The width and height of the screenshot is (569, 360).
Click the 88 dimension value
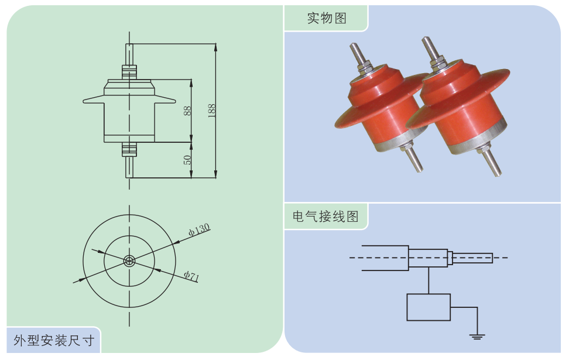187,110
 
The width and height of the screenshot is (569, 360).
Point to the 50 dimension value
187,159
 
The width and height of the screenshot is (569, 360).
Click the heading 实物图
327,18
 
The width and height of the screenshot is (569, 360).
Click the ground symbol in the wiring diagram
477,337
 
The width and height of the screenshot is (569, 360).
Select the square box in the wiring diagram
429,307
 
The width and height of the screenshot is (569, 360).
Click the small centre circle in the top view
129,260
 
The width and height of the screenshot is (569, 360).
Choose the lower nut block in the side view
129,150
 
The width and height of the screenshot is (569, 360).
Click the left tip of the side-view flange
85,101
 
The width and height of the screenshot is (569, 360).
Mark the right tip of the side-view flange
174,101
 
